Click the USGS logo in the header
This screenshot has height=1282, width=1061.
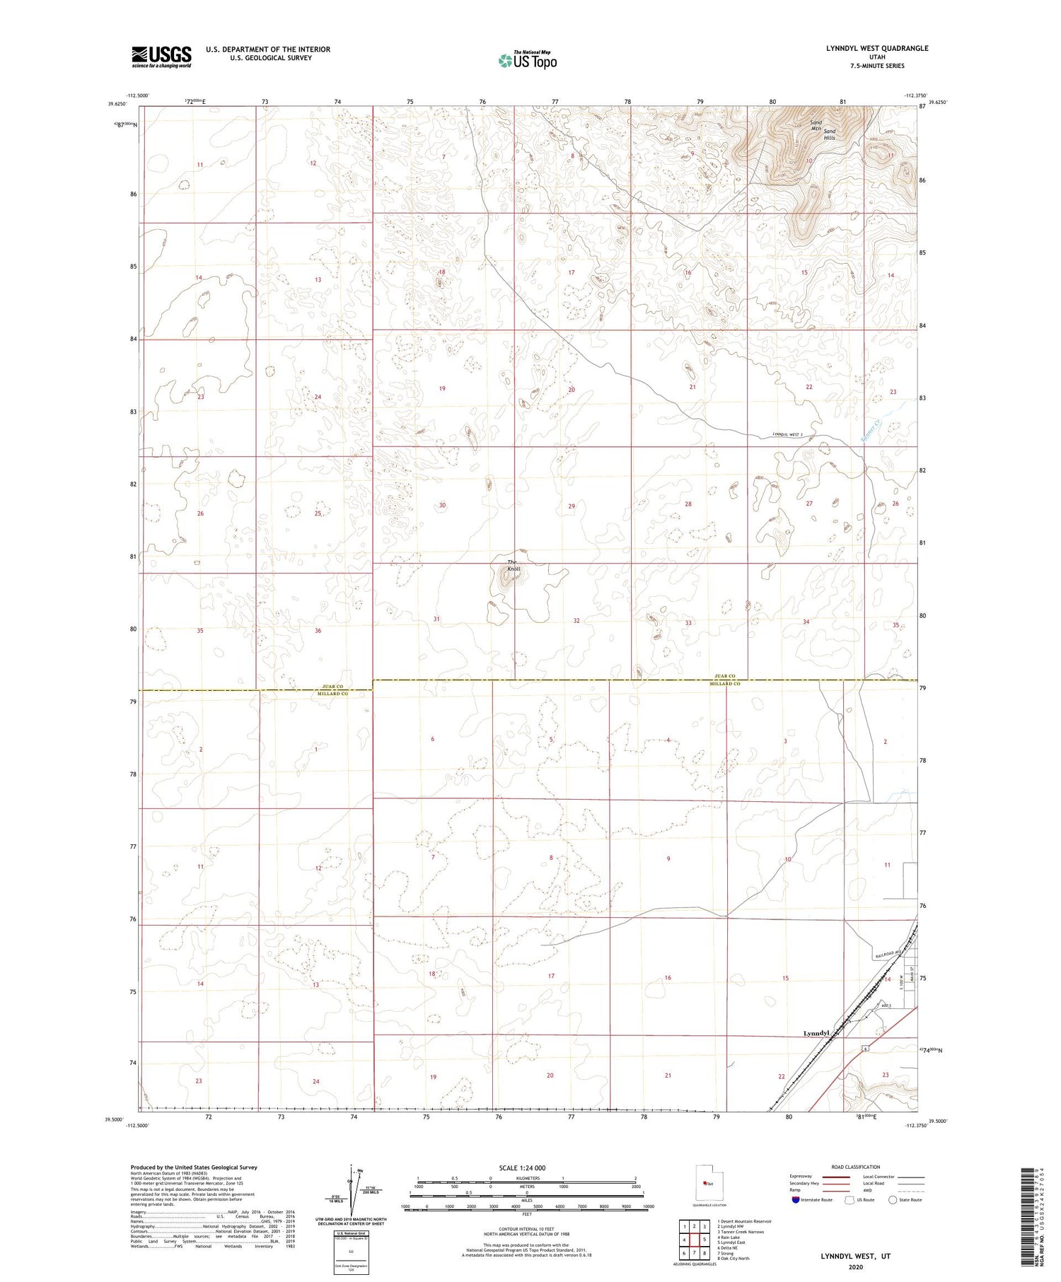coord(161,57)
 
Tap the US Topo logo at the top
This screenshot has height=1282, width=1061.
coord(527,61)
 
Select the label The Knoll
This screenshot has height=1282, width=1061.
coord(513,566)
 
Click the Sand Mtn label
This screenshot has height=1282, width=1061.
coord(816,125)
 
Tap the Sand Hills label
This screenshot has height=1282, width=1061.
coord(829,134)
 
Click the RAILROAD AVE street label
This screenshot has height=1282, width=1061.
coord(889,956)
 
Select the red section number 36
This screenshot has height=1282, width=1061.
coord(318,631)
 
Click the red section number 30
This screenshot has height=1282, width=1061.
coord(442,505)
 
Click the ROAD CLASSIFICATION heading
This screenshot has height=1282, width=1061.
coord(855,1167)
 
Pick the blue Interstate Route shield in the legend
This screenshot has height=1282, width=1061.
coord(796,1200)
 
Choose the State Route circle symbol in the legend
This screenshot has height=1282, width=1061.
coord(893,1200)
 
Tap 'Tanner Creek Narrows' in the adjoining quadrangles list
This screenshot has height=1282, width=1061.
coord(740,1231)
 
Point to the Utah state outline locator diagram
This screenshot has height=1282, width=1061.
coord(703,1183)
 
